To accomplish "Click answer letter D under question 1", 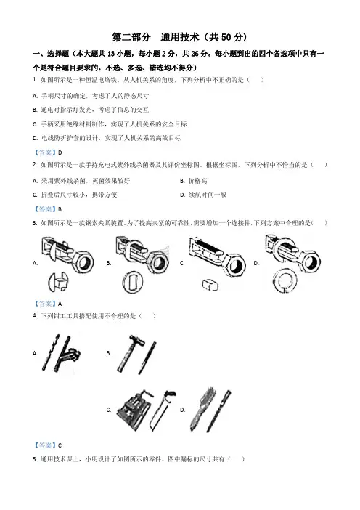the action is click(60, 153).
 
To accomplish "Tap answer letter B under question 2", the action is click(60, 209).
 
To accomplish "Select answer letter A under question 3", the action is click(60, 304).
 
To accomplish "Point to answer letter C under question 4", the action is click(60, 445).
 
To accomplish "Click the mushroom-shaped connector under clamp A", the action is click(58, 282).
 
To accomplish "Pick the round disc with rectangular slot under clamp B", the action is click(133, 282).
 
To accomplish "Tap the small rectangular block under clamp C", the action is click(210, 285).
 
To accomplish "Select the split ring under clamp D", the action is click(285, 280).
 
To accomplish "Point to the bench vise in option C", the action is click(134, 410).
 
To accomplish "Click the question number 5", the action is click(34, 459).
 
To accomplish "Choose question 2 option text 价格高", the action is click(197, 181).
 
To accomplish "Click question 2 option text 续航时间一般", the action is click(208, 195).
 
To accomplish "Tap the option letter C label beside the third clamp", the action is click(182, 263).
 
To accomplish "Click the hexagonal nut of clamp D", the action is click(311, 262).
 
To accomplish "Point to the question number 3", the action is click(34, 223).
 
